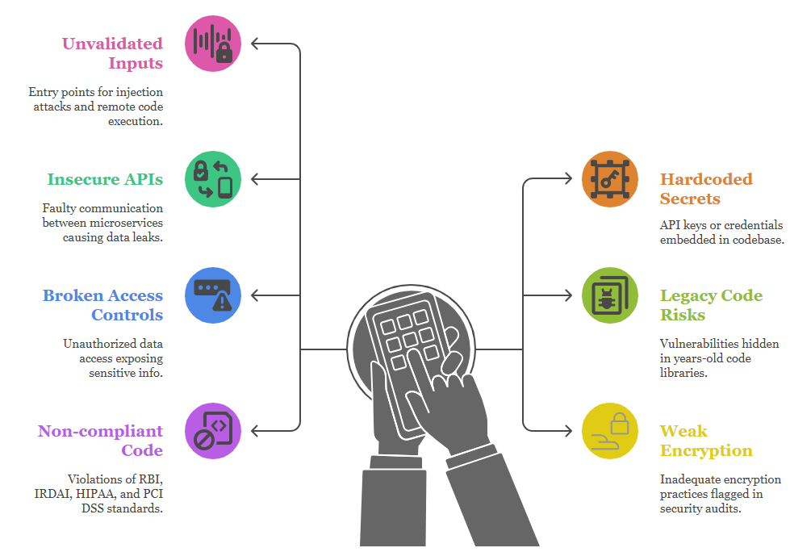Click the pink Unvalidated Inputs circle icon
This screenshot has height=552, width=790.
click(x=213, y=44)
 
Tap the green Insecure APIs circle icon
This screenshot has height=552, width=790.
click(x=213, y=178)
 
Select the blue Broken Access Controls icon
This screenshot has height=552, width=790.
click(x=213, y=295)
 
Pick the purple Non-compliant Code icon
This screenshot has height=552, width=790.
click(x=213, y=431)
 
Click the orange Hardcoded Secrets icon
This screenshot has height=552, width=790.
click(x=610, y=178)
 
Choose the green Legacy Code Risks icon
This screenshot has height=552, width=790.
click(x=610, y=295)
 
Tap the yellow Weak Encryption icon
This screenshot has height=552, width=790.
click(x=610, y=431)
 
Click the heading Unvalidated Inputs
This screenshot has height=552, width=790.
click(x=113, y=53)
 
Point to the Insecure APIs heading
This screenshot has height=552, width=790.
click(x=105, y=179)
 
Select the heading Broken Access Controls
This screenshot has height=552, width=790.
click(x=103, y=305)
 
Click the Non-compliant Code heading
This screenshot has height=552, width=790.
click(x=101, y=441)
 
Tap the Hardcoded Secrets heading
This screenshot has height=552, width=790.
click(x=706, y=189)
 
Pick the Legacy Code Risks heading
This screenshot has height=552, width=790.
click(x=711, y=305)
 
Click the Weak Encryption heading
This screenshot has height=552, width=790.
click(x=706, y=441)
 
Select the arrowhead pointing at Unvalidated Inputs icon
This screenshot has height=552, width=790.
click(x=256, y=44)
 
